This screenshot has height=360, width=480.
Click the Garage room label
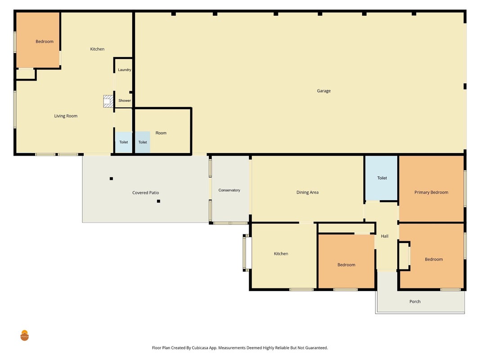pyautogui.click(x=323, y=91)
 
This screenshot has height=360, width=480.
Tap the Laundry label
pyautogui.click(x=124, y=70)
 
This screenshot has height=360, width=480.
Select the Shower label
pyautogui.click(x=125, y=100)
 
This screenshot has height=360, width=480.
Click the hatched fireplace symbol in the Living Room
pyautogui.click(x=108, y=101)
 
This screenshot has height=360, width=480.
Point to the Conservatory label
pyautogui.click(x=229, y=190)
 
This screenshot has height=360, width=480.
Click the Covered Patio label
pyautogui.click(x=145, y=193)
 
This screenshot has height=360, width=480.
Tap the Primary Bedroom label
pyautogui.click(x=431, y=192)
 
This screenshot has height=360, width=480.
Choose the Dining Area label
pyautogui.click(x=307, y=192)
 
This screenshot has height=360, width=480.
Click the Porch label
pyautogui.click(x=415, y=301)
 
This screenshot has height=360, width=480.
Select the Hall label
pyautogui.click(x=385, y=236)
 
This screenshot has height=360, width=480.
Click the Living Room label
pyautogui.click(x=66, y=116)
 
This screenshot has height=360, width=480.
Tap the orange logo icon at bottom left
pyautogui.click(x=24, y=336)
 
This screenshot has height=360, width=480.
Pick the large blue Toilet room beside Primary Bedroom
pyautogui.click(x=381, y=178)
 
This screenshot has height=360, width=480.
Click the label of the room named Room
pyautogui.click(x=161, y=133)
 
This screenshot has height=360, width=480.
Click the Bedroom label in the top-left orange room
pyautogui.click(x=45, y=42)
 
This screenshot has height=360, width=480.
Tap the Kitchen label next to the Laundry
pyautogui.click(x=97, y=49)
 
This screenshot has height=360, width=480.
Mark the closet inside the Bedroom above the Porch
pyautogui.click(x=404, y=256)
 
